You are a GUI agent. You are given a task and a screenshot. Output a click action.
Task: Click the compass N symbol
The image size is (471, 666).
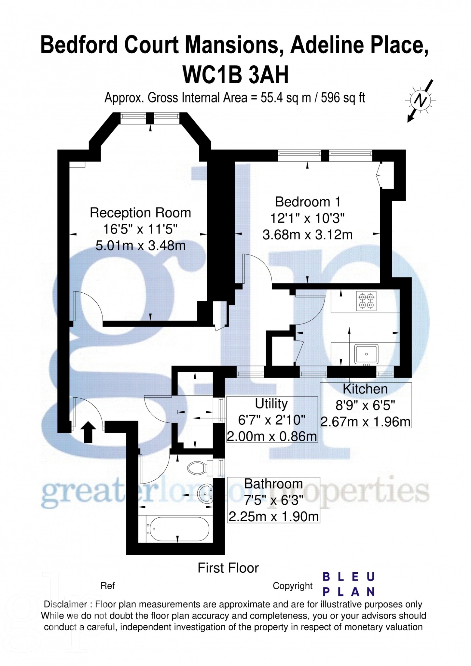point(420,100)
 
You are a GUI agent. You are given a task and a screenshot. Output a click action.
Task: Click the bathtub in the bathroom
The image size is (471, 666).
point(178,529)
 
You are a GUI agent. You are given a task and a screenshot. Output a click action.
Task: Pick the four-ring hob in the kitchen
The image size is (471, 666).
point(366,301)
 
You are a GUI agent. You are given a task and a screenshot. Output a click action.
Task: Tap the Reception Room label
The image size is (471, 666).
point(140,213)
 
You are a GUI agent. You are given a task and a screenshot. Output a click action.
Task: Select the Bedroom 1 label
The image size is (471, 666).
point(308,202)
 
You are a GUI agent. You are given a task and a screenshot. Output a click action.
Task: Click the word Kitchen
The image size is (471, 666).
point(365,389)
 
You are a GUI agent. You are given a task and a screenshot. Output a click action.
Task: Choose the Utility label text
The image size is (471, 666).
point(271,404)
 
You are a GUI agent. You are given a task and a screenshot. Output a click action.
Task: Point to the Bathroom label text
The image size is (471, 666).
point(273,484)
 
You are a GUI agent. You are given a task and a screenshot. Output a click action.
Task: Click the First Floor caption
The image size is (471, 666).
point(228,568)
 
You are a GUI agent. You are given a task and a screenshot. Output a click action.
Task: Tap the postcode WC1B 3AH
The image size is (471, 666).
point(235,75)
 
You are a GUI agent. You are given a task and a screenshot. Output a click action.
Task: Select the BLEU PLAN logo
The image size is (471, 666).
point(348,584)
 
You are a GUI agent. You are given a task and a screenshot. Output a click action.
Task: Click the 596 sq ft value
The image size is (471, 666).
point(343,98)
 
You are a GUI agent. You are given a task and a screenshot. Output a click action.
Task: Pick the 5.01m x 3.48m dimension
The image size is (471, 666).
point(140,246)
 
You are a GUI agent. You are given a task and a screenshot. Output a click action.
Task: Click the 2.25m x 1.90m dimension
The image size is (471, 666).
point(273,516)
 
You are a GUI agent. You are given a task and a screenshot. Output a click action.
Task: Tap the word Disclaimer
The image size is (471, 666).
point(65,604)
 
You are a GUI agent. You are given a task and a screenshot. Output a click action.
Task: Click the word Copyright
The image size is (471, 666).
point(292,586)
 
